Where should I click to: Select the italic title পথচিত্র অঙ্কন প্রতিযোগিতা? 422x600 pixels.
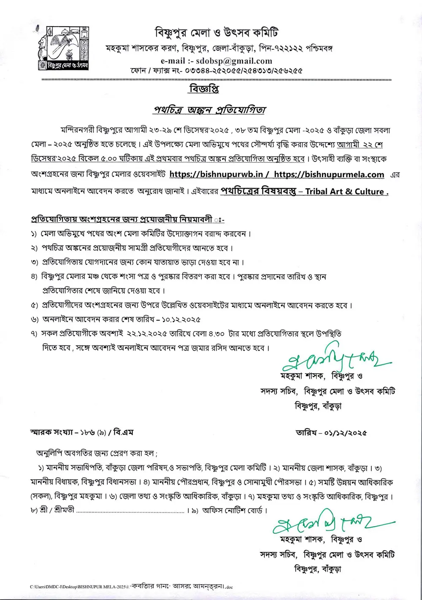click(209, 110)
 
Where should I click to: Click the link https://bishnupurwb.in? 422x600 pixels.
click(216, 174)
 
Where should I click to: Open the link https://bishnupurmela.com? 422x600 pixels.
click(329, 174)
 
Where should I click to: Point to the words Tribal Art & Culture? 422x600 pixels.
click(346, 192)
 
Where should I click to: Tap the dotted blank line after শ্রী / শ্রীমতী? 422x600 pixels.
click(131, 511)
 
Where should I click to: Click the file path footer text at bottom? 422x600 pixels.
click(131, 586)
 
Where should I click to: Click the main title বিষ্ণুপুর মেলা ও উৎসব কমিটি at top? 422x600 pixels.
click(216, 33)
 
